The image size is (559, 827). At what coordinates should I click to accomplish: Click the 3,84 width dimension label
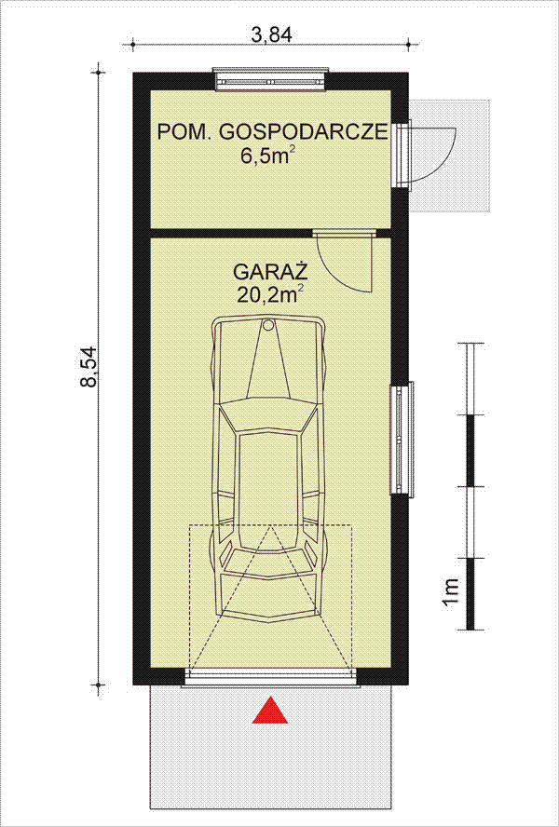(x=271, y=34)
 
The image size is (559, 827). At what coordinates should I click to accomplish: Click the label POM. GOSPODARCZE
(x=271, y=132)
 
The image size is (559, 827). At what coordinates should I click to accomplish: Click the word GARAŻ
(x=270, y=274)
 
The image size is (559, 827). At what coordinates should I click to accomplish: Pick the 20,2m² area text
(x=270, y=296)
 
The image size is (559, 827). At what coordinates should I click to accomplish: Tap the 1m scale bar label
(x=450, y=590)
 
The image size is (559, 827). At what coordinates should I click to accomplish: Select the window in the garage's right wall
(x=401, y=438)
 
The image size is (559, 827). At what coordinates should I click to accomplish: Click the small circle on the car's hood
(x=269, y=326)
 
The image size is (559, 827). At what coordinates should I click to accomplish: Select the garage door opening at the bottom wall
(x=271, y=677)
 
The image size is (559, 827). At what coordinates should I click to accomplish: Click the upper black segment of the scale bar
(x=472, y=451)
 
